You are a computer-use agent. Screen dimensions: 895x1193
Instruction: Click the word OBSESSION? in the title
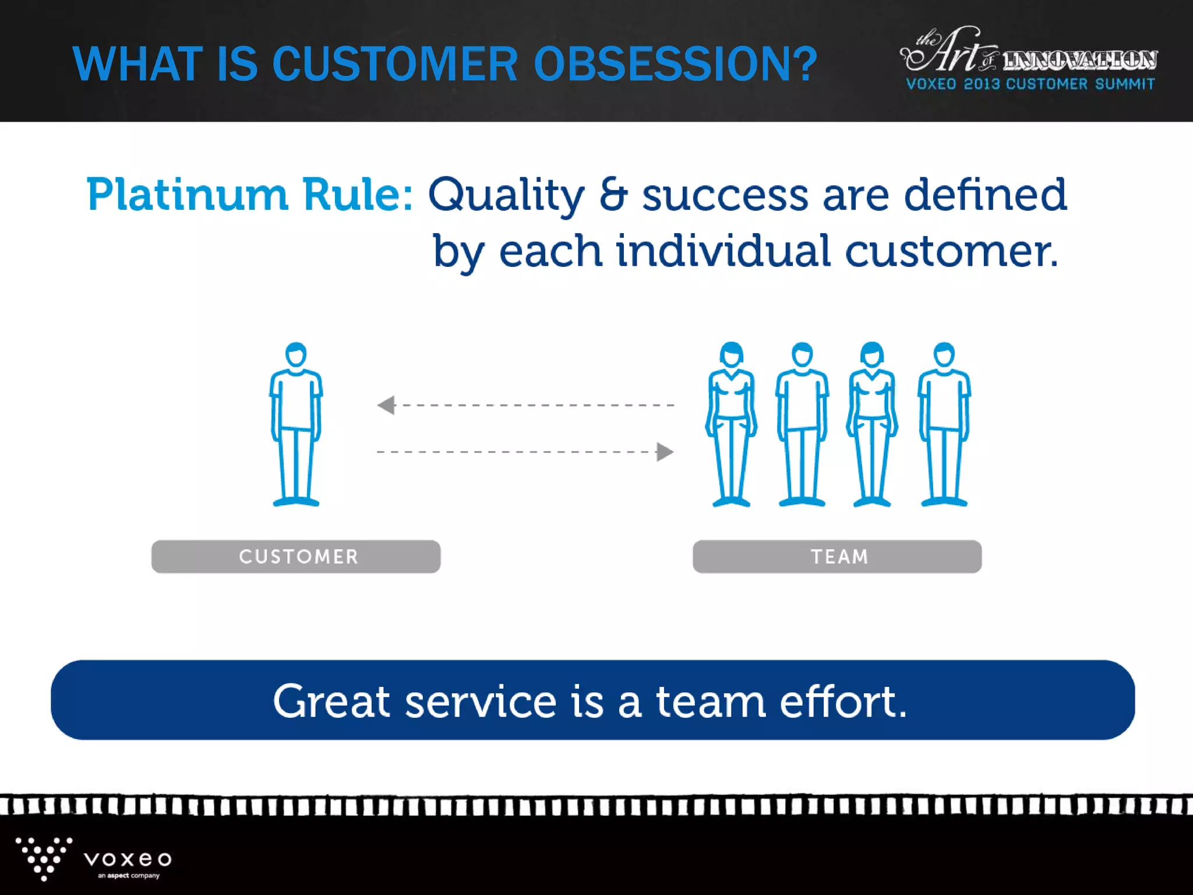click(676, 64)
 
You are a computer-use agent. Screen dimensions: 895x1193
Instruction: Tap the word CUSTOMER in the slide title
click(395, 64)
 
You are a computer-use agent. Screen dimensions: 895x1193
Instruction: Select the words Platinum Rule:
click(249, 195)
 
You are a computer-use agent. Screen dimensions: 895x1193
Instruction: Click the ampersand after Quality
click(613, 195)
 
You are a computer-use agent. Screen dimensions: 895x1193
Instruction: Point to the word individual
click(723, 252)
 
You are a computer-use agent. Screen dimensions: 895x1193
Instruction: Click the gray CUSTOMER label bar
click(296, 556)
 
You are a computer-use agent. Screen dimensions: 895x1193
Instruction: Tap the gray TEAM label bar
click(837, 556)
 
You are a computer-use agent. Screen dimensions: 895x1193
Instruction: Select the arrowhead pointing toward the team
click(664, 452)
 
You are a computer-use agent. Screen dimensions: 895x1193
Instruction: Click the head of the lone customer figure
click(296, 354)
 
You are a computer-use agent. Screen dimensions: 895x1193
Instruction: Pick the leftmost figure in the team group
click(731, 424)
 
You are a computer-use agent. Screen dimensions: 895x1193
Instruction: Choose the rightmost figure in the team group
click(944, 424)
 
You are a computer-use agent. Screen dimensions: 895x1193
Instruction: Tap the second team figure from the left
click(802, 424)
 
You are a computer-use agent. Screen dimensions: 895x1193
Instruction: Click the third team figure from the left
click(872, 424)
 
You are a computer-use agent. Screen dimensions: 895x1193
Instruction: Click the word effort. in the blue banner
click(843, 701)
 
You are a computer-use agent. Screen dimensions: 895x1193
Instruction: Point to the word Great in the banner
click(331, 701)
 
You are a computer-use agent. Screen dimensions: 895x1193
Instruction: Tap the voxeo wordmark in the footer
click(128, 859)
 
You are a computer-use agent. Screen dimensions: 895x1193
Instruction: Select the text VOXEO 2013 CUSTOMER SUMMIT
click(1030, 84)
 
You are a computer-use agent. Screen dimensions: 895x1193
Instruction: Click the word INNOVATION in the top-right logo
click(1079, 60)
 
